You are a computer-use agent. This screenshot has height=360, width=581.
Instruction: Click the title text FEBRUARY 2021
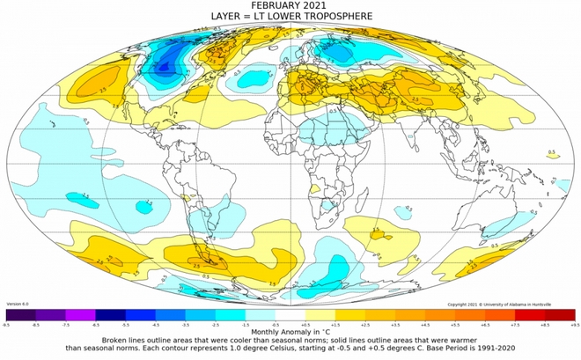[x=290, y=6]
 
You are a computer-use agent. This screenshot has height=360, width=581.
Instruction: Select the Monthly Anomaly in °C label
[x=290, y=331]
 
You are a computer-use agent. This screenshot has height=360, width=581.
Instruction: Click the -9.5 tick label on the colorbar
[x=7, y=324]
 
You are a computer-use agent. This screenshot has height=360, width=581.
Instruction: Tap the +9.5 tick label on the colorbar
[x=573, y=324]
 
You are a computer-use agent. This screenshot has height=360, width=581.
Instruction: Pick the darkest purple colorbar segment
[x=20, y=314]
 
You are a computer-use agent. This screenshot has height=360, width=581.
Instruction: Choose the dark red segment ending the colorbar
[x=559, y=314]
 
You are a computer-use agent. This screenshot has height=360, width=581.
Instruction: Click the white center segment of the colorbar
[x=290, y=314]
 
